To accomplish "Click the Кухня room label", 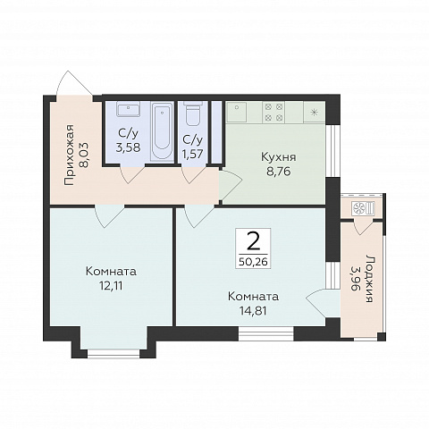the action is (x=279, y=157).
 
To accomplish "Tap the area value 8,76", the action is (x=279, y=172).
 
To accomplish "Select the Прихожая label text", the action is (x=69, y=155).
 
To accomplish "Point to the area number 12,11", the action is (x=111, y=286).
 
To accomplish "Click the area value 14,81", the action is (x=253, y=311).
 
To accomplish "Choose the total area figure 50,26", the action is (x=253, y=262).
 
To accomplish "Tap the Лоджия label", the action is (x=369, y=279).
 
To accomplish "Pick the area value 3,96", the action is (x=355, y=279).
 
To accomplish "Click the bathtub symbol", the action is (x=162, y=131).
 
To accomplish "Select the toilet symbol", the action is (x=193, y=114).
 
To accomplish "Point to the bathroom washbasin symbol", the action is (x=129, y=109).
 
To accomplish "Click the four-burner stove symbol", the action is (x=273, y=112).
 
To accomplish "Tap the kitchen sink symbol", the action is (x=237, y=112).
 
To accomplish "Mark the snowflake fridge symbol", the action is (x=314, y=112).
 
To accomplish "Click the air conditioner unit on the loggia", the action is (x=363, y=208).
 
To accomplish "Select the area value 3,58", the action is (x=128, y=147).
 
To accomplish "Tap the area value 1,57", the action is (x=193, y=154).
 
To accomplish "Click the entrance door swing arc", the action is (x=75, y=84).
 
